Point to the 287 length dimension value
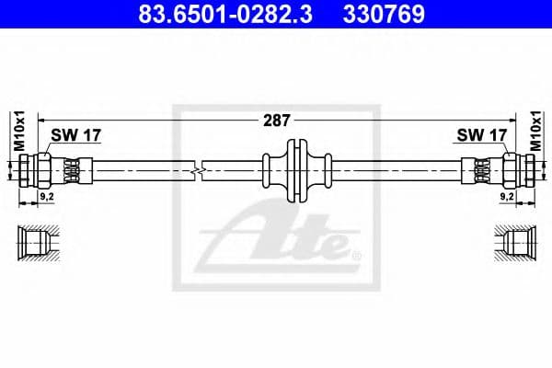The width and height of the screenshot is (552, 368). click(x=277, y=121)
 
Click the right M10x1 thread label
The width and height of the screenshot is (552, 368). click(x=536, y=129)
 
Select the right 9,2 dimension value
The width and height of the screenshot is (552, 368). click(x=505, y=197)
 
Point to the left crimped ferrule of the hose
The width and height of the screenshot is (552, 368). click(x=74, y=169)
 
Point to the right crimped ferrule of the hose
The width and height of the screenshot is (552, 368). click(x=479, y=169)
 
